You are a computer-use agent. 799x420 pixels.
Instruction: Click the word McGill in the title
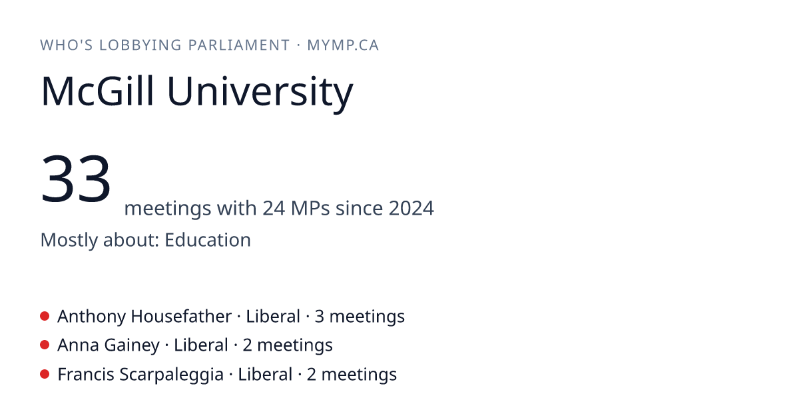coord(98,91)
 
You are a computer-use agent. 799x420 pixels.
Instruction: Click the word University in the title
coord(260,93)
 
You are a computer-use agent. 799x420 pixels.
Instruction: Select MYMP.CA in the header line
coord(343,45)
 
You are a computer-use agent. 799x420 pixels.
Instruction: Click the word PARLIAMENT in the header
coord(239,45)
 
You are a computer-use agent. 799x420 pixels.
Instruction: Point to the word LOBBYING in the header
coord(140,45)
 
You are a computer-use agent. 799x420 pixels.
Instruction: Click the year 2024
coord(411,208)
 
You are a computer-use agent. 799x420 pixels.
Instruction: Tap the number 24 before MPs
coord(274,208)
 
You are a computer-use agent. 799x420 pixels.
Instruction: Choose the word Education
coord(208,240)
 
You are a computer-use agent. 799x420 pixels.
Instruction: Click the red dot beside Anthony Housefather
coord(45,316)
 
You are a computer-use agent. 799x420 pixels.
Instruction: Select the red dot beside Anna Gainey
coord(45,345)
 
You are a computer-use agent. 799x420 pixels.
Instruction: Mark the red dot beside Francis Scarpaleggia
coord(45,374)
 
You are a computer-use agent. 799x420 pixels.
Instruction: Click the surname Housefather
coord(181,317)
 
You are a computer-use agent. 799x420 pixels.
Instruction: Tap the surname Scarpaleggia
coord(171,375)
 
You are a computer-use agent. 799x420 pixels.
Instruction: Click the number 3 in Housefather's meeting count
coord(319,317)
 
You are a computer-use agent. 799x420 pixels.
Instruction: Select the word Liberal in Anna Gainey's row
coord(201,345)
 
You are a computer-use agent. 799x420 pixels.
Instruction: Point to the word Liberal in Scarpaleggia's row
coord(265,374)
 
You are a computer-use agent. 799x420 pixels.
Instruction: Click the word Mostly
coord(69,240)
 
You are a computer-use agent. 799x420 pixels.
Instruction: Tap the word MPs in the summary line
coord(310,208)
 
